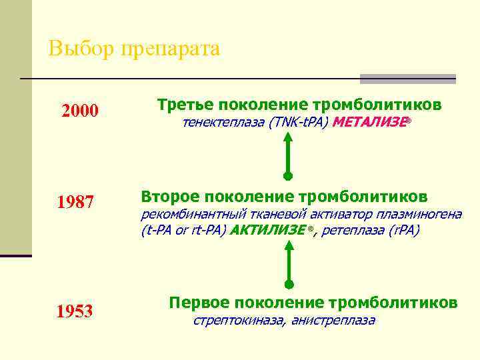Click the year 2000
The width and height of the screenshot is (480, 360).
click(80, 110)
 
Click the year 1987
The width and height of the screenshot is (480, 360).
click(75, 202)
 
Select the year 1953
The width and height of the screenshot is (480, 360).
click(75, 311)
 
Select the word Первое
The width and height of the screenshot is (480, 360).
click(201, 303)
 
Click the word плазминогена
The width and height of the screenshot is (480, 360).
click(419, 215)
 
